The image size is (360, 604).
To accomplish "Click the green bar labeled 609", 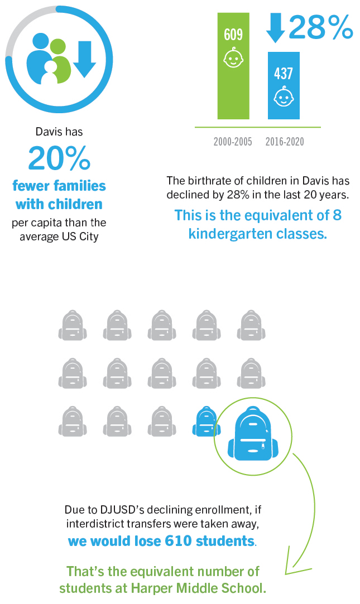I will [x=233, y=84].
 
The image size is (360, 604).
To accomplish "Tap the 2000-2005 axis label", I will [x=233, y=142].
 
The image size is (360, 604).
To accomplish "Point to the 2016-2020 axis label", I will [x=285, y=142].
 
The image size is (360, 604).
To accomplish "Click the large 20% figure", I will [x=59, y=158].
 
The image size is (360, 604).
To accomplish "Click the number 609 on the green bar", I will [x=233, y=35].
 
